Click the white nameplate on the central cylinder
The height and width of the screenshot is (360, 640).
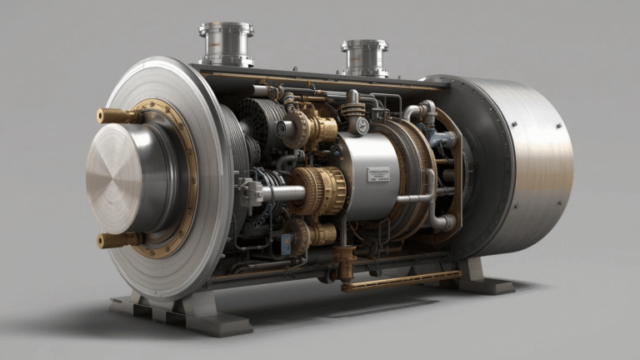point(378,174)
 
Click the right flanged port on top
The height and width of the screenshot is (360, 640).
point(364,57)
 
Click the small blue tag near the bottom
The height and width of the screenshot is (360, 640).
point(287,244)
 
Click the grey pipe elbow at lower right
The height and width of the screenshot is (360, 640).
point(442,222)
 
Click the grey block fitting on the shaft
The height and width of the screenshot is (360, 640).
point(249,192)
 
